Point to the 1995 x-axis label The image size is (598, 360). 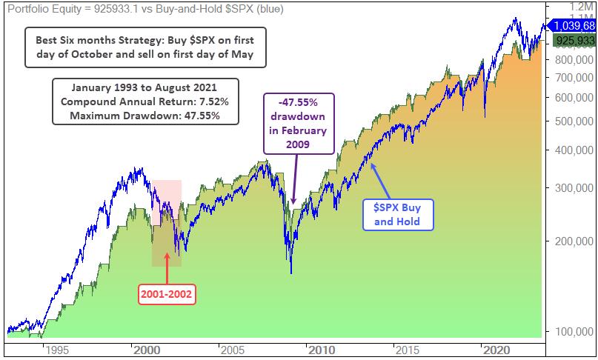click(x=56, y=350)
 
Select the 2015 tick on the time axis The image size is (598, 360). click(x=404, y=350)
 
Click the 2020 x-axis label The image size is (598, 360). click(x=493, y=350)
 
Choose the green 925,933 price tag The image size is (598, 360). click(x=575, y=42)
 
